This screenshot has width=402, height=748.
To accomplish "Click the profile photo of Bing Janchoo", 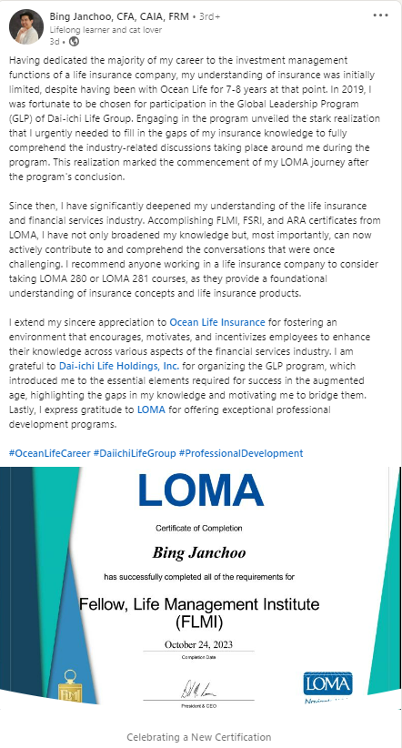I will (25, 27).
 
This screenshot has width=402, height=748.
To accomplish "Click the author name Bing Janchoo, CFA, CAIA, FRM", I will (113, 16).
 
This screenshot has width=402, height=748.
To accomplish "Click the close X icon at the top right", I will (384, 15).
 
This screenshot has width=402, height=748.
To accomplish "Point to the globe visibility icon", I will (74, 41).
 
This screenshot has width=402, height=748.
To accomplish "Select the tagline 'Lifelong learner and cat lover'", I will (97, 29).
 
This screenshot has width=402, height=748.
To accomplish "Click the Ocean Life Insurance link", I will (217, 322).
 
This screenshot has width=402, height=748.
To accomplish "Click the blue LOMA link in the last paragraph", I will (152, 410).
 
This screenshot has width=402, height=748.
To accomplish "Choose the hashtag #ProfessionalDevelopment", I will (241, 453).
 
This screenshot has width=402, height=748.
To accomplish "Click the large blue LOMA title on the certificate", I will (201, 491).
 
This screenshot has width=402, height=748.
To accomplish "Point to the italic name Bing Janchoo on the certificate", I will (200, 553).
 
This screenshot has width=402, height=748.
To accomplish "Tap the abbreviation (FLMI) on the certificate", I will (199, 622).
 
